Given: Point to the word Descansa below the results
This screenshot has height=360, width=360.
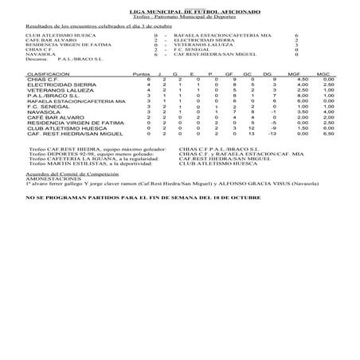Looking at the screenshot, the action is coord(37,59).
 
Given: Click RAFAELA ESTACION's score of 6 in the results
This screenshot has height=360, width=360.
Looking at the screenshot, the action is coord(295,36).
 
